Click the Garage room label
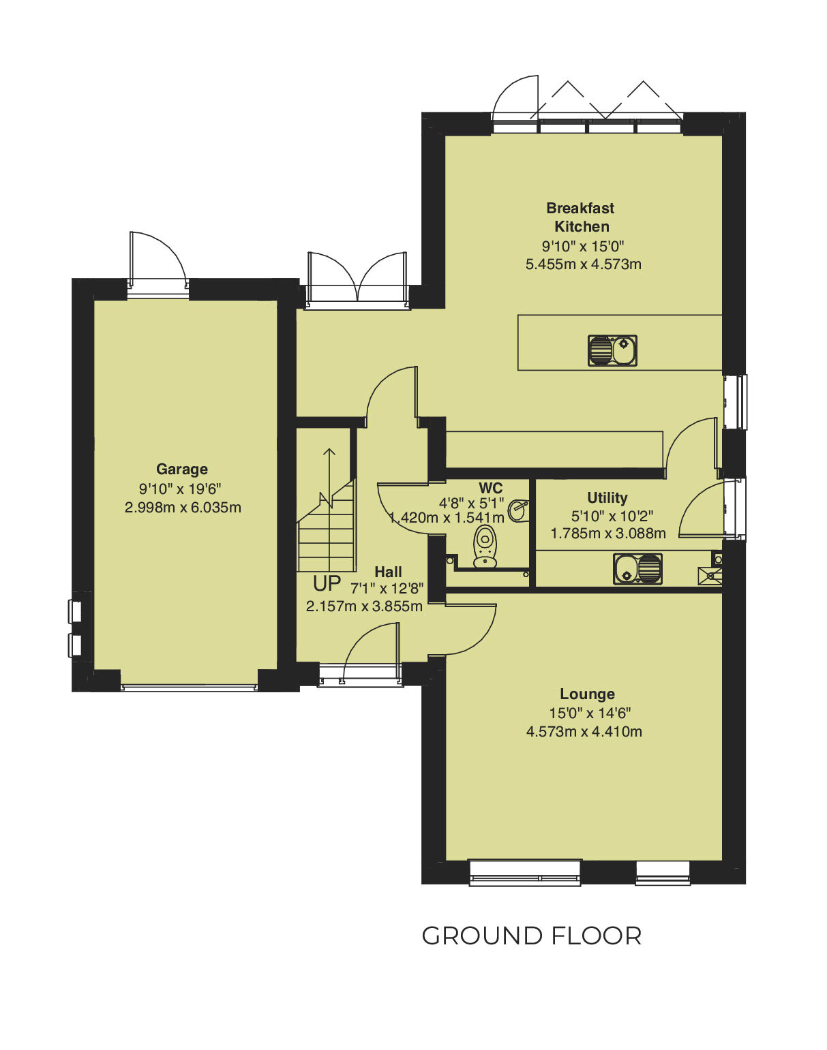(181, 469)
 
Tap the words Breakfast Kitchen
(581, 217)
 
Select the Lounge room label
(587, 694)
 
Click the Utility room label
(607, 497)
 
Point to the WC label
(490, 488)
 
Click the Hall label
(388, 572)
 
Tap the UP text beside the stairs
(327, 584)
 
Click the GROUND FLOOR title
(531, 936)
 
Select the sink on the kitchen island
(612, 350)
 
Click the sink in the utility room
(637, 569)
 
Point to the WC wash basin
(519, 510)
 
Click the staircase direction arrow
(329, 477)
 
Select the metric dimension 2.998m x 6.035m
(183, 508)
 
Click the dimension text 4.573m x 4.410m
(584, 732)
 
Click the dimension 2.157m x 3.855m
(364, 606)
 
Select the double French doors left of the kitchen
(357, 279)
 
